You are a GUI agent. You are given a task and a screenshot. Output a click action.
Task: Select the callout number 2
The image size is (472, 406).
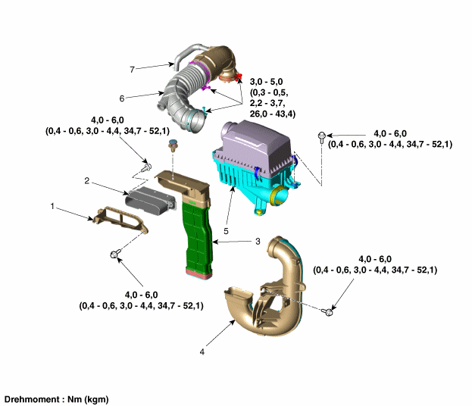tap(87, 181)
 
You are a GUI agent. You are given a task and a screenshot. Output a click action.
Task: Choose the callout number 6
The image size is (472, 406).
tap(121, 98)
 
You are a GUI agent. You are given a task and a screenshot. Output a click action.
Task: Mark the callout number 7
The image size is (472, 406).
tap(132, 69)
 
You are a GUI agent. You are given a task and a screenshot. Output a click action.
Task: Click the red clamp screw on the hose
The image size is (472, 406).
tap(240, 78)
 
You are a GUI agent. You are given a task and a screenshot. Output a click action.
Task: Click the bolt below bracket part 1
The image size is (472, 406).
tap(116, 255)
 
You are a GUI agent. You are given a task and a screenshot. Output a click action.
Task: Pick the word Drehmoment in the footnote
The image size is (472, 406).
tap(31, 398)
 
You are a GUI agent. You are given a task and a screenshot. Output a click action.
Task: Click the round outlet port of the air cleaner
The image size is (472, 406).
tap(278, 195)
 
